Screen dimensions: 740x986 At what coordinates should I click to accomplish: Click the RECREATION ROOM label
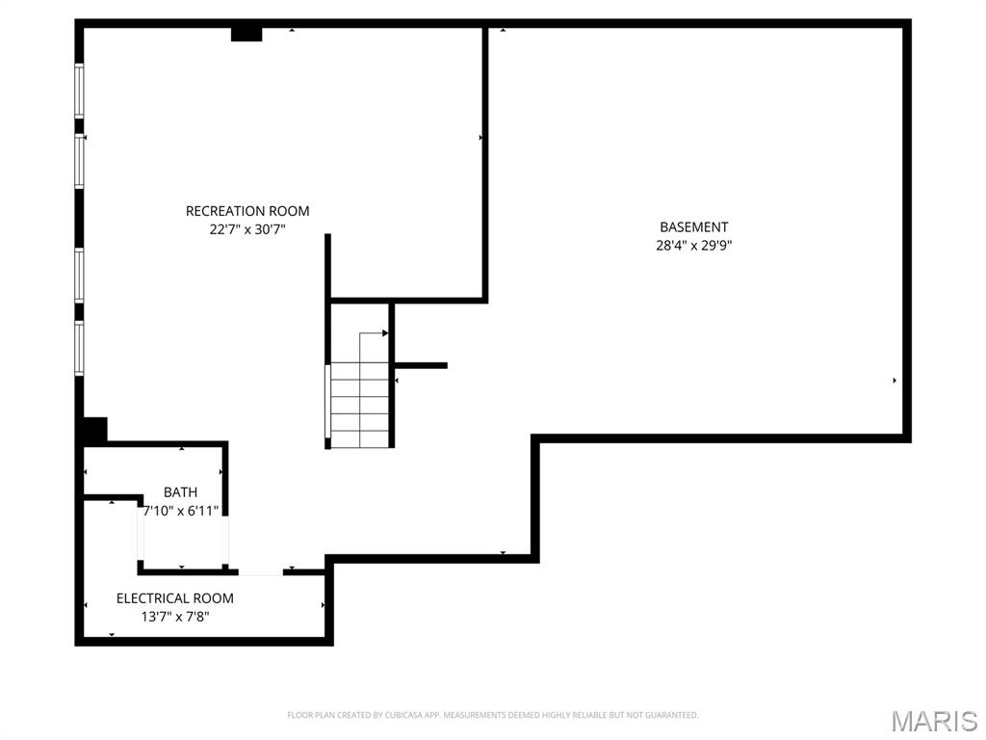[x=247, y=211]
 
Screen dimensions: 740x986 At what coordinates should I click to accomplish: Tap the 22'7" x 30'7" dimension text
[x=247, y=229]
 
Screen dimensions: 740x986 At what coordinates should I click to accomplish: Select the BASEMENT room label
[x=693, y=227]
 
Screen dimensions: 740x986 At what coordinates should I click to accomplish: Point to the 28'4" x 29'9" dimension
[x=693, y=245]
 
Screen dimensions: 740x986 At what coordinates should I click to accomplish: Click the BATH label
[x=180, y=492]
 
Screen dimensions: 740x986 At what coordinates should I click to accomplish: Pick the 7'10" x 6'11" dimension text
[x=181, y=511]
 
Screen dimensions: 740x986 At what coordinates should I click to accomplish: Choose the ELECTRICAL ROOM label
[x=175, y=598]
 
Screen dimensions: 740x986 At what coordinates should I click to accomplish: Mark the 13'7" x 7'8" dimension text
[x=175, y=617]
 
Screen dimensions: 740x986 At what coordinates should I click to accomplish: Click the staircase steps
[x=359, y=405]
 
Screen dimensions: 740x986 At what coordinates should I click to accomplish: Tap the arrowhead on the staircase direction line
[x=385, y=333]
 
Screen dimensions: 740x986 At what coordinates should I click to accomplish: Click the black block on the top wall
[x=246, y=35]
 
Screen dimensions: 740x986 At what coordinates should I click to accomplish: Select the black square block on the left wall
[x=94, y=429]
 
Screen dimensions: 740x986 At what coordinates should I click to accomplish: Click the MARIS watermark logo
[x=934, y=720]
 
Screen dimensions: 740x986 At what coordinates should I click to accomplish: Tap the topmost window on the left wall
[x=80, y=91]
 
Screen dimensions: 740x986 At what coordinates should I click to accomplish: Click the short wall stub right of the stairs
[x=421, y=365]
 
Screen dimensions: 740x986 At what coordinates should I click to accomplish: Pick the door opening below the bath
[x=260, y=571]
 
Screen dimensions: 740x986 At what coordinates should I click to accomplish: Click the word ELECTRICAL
[x=151, y=598]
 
